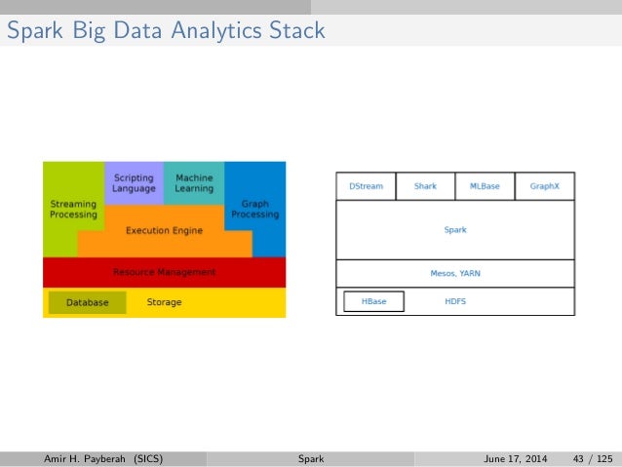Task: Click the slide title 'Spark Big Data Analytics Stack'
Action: point(166,31)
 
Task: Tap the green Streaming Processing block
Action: point(73,209)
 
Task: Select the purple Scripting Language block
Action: point(134,182)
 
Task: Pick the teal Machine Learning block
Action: point(194,182)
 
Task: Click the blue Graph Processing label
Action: point(255,209)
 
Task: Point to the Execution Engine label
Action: point(164,231)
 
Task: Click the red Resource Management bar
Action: point(164,272)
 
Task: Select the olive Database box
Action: point(87,302)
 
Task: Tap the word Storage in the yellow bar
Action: point(164,302)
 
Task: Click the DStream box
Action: point(366,185)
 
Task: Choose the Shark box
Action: point(425,185)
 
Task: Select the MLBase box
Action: point(485,185)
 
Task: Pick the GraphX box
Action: point(544,185)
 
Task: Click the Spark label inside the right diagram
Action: point(455,230)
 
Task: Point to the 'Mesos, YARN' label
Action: point(455,274)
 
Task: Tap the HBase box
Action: point(373,301)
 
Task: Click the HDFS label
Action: point(455,301)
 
